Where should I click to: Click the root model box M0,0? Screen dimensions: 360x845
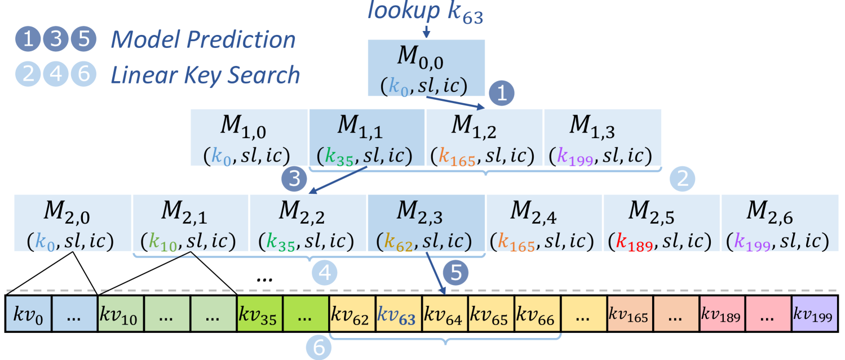tap(426, 68)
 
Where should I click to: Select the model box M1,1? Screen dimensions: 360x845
tap(367, 137)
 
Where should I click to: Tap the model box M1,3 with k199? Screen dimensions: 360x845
tap(601, 137)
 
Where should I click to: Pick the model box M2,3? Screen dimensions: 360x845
tap(426, 223)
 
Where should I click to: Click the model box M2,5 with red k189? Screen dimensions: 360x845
tap(661, 223)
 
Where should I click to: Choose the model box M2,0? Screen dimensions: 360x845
tap(72, 223)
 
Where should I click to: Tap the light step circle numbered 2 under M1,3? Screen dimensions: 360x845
tap(683, 179)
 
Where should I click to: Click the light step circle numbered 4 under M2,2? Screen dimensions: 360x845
tap(325, 273)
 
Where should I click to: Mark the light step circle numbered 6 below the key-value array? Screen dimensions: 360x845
tap(319, 348)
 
